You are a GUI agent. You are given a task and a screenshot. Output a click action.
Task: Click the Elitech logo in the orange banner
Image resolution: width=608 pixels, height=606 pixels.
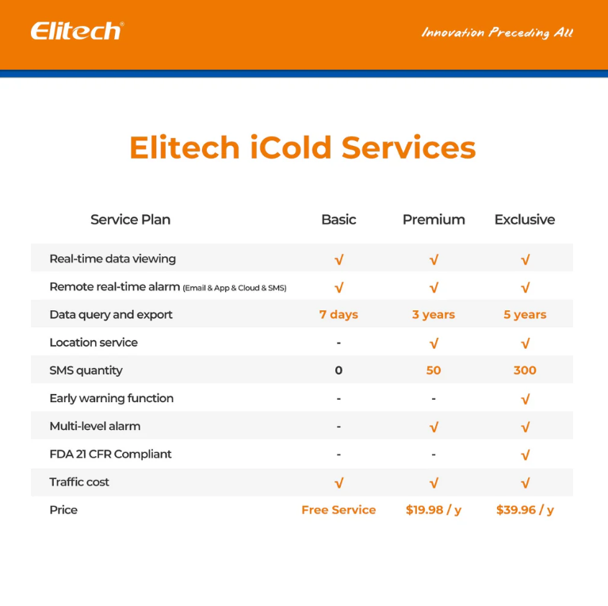tap(77, 31)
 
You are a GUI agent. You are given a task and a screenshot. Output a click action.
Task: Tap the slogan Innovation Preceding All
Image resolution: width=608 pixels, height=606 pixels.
tap(497, 33)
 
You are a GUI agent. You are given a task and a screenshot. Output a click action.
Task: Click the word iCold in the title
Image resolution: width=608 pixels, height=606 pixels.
tap(291, 148)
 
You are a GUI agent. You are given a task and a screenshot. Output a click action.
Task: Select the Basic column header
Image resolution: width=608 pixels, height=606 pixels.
tap(338, 220)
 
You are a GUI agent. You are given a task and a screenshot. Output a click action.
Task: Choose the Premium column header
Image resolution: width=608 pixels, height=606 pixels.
tap(434, 220)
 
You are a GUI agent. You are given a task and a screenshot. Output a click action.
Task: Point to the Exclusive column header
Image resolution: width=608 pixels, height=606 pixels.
tap(525, 220)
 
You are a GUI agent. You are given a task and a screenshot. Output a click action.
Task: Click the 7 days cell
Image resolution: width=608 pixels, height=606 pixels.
tap(338, 315)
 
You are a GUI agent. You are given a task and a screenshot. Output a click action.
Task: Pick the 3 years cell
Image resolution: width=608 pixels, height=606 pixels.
tap(434, 315)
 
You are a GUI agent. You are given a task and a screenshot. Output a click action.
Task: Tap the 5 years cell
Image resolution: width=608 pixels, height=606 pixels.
tap(525, 315)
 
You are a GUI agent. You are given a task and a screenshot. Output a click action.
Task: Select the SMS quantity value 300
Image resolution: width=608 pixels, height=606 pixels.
tap(525, 370)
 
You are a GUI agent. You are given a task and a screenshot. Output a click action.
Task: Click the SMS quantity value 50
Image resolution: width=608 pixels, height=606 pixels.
tap(434, 370)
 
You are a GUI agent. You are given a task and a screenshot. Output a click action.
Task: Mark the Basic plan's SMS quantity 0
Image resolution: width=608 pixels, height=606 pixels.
tap(338, 370)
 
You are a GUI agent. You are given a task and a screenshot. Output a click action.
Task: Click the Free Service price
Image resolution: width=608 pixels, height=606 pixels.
tap(338, 510)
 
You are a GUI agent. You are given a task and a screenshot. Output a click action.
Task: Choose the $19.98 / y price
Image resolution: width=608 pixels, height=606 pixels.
tap(434, 510)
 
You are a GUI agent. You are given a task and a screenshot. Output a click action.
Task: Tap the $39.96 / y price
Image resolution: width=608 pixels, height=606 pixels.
tap(525, 510)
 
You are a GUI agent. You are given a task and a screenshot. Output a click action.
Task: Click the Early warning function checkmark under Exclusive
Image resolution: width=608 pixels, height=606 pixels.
tap(526, 399)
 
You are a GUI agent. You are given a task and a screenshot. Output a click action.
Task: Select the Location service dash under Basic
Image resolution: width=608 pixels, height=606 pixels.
tap(338, 343)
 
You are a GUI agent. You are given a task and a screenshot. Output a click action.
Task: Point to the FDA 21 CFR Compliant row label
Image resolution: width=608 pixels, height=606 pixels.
tap(110, 454)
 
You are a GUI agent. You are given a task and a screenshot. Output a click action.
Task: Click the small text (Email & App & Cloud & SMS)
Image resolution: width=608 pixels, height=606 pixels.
tap(235, 288)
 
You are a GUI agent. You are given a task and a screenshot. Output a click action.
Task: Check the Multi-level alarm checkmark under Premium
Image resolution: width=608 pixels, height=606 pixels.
tap(434, 428)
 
